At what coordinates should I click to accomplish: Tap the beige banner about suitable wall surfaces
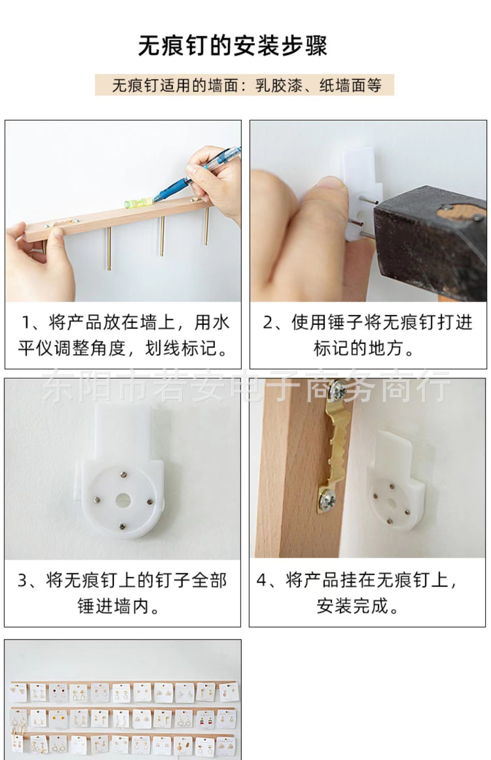(244, 85)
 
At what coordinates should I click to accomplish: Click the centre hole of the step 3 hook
(123, 500)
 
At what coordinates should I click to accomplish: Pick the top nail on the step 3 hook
(124, 473)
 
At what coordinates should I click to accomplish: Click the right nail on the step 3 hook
(149, 502)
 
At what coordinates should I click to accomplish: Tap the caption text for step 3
(122, 593)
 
